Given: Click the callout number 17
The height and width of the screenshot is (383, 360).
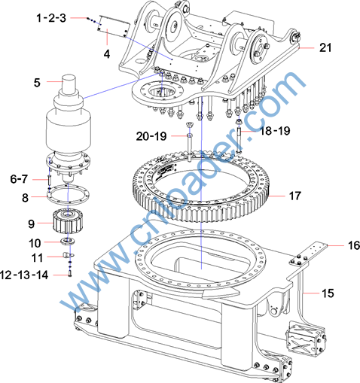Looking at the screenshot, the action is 294,196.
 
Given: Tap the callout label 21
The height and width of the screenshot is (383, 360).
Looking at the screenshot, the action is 325,47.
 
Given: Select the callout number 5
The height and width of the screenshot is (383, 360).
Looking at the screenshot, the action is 37,83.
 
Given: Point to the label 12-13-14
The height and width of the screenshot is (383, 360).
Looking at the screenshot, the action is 24,275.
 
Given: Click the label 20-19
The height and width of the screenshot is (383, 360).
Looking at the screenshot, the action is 151,136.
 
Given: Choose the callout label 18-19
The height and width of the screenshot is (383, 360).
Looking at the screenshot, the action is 275,131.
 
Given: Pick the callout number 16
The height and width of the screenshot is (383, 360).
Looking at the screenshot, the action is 354,245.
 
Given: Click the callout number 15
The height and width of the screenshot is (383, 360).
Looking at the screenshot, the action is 328,293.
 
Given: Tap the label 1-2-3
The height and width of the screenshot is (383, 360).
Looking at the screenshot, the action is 51,18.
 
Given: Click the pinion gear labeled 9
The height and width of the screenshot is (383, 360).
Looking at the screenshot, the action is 67,221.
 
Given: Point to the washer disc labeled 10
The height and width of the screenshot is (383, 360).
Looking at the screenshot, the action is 67,241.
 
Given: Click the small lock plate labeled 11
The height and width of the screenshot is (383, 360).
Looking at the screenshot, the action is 68,255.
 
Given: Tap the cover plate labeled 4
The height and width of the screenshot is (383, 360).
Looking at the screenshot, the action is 114,26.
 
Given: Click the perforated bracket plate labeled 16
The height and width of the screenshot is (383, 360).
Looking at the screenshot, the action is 308,253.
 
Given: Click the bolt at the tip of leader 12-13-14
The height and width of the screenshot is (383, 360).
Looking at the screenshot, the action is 70,274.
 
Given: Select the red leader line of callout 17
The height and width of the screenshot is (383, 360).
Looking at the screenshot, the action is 277,196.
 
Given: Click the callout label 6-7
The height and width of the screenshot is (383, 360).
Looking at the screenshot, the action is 19,179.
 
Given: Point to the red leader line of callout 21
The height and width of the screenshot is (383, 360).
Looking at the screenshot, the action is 307,47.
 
